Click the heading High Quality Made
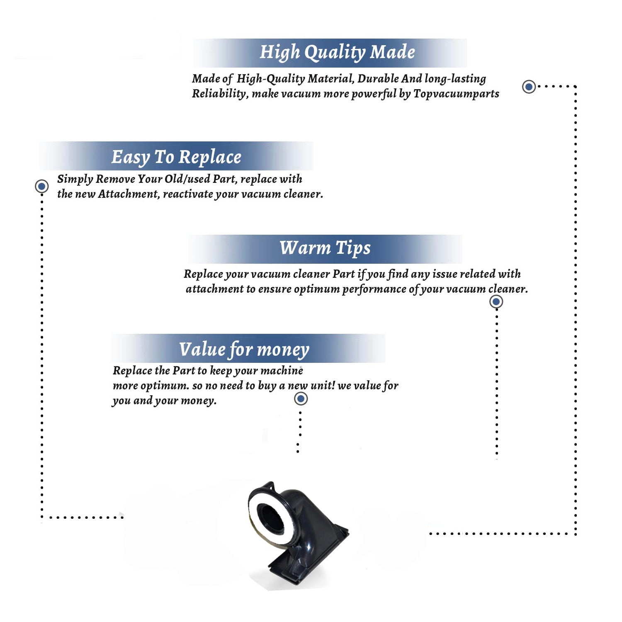[x=337, y=53]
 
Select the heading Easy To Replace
[x=176, y=158]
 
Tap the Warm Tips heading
[x=325, y=248]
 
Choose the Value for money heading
[x=244, y=350]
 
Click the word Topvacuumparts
[x=456, y=94]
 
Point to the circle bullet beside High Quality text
[x=529, y=87]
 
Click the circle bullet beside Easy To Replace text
[x=41, y=186]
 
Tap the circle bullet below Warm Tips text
[x=496, y=301]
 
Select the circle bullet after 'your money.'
[x=301, y=399]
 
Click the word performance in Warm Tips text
[x=374, y=289]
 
